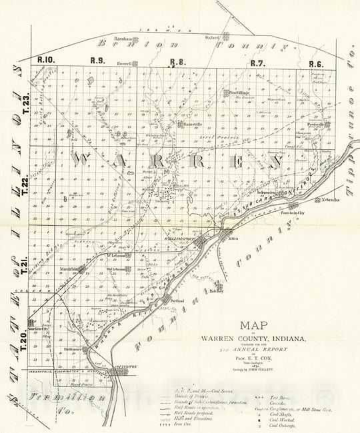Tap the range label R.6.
coord(315,64)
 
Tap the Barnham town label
coord(125,38)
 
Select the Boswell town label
coord(124,64)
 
